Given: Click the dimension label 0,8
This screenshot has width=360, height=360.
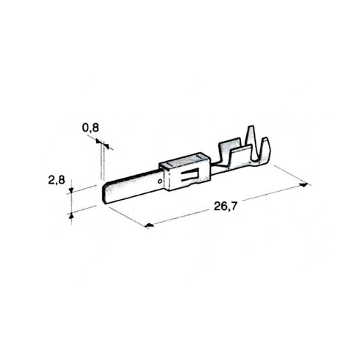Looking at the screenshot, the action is (90, 128).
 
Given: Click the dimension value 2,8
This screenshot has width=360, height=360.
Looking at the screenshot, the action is (57, 180).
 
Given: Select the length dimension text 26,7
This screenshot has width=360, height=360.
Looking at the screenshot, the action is (226, 206).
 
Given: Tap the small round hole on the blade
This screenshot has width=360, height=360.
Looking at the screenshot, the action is (160, 181).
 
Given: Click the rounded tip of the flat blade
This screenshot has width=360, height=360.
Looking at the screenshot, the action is (105, 194).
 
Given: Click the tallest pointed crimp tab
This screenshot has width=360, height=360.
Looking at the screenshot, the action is (251, 141).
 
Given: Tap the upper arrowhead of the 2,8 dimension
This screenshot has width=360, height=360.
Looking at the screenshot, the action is (71, 190).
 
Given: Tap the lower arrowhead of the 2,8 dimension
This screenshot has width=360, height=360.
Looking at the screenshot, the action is (71, 215).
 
